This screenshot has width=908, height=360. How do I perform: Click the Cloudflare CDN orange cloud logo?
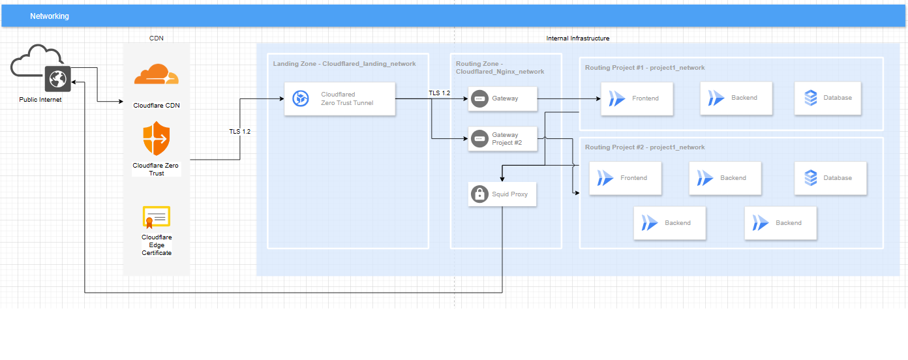click(157, 74)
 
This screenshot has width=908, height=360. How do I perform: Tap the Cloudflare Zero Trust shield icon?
click(157, 138)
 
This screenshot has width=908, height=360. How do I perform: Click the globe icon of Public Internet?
click(57, 79)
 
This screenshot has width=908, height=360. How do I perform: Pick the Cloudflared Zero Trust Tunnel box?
click(340, 99)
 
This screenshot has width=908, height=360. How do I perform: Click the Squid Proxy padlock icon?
click(479, 194)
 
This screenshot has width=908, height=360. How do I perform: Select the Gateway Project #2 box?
click(503, 139)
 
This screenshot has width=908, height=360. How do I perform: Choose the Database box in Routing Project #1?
click(827, 98)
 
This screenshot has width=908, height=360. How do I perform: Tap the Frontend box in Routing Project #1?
click(637, 99)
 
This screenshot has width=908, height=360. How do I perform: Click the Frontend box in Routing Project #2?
click(625, 179)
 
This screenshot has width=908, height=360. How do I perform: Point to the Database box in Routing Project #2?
click(830, 179)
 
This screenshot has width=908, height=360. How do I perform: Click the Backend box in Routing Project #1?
click(736, 98)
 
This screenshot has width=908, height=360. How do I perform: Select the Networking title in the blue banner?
click(50, 16)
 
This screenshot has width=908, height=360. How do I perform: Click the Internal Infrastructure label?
click(578, 38)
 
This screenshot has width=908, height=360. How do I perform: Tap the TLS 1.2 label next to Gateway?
click(440, 93)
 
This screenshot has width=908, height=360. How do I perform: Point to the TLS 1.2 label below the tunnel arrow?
click(239, 131)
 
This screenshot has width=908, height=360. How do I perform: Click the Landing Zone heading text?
click(344, 64)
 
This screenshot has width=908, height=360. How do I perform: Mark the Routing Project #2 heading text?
click(644, 147)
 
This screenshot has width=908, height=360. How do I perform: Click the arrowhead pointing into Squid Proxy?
click(502, 179)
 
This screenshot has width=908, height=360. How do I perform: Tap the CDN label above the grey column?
click(156, 38)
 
